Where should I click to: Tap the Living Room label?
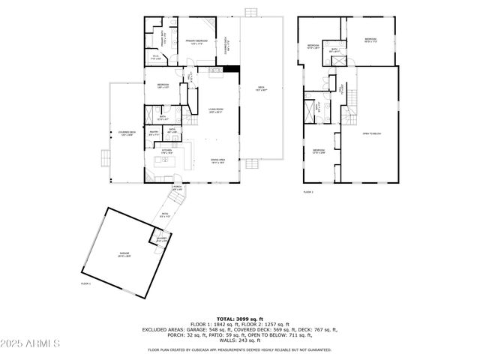216,111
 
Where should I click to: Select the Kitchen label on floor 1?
166,151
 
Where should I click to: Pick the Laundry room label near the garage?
161,239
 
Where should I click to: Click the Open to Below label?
372,134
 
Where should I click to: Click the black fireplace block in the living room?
235,70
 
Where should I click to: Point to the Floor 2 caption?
308,193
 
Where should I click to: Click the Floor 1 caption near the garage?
85,284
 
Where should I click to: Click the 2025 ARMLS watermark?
31,343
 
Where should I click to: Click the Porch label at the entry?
178,188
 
